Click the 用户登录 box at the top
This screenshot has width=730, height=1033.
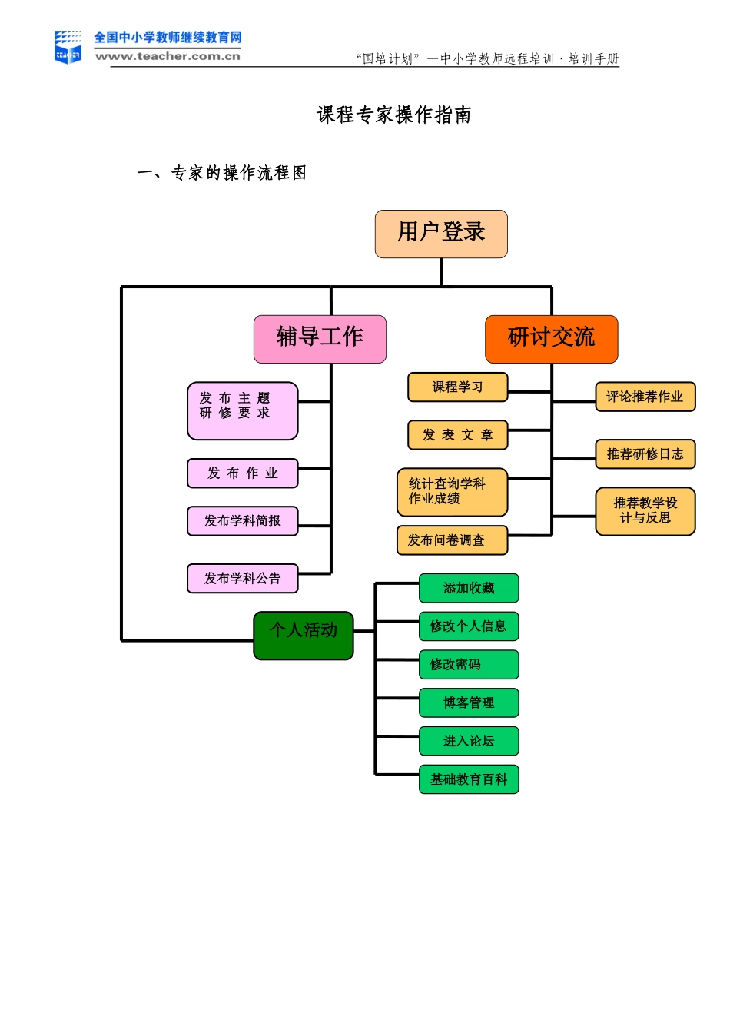tap(441, 234)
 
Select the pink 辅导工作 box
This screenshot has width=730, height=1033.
tap(320, 339)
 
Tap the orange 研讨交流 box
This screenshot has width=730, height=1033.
tap(551, 339)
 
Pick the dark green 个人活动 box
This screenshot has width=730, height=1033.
tap(304, 635)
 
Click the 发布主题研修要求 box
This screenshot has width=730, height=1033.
tap(242, 410)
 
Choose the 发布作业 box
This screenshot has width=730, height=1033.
tap(242, 473)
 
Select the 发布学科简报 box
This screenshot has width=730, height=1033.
tap(242, 521)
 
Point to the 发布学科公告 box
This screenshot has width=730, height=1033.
tap(242, 579)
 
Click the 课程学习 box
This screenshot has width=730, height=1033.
tap(457, 387)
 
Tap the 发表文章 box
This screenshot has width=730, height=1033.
tap(457, 435)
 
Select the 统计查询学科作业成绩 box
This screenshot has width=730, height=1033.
tap(452, 492)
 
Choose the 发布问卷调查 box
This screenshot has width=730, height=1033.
tap(452, 540)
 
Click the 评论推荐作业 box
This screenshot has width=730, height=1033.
tap(645, 397)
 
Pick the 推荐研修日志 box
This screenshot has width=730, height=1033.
tap(645, 454)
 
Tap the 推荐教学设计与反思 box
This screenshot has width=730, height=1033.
tap(645, 511)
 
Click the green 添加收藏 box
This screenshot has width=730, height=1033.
tap(469, 588)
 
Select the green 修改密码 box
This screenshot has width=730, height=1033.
tap(469, 664)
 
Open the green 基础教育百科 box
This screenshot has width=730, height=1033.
tap(469, 779)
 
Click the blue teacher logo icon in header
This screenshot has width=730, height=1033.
tap(68, 47)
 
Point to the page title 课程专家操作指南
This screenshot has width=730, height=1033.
tap(394, 115)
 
